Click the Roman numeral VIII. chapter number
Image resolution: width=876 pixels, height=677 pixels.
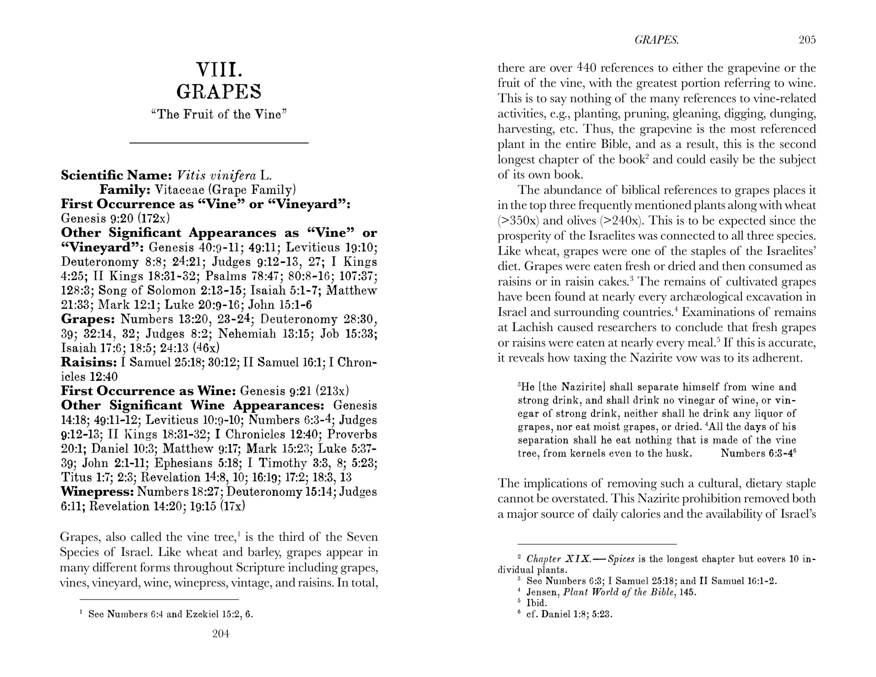(219, 69)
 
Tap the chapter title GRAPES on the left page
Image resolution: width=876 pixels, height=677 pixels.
(219, 92)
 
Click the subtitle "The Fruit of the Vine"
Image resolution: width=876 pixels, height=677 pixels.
(219, 114)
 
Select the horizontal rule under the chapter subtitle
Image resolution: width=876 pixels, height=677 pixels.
(219, 143)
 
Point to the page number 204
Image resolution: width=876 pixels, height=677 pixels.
(221, 633)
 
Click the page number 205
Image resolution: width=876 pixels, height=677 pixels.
(807, 40)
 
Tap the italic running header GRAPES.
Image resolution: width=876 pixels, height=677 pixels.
(657, 40)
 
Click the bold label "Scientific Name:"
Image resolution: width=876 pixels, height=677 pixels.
(116, 175)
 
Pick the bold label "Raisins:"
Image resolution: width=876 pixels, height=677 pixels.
(89, 362)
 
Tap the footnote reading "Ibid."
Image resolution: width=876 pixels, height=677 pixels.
(537, 603)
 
